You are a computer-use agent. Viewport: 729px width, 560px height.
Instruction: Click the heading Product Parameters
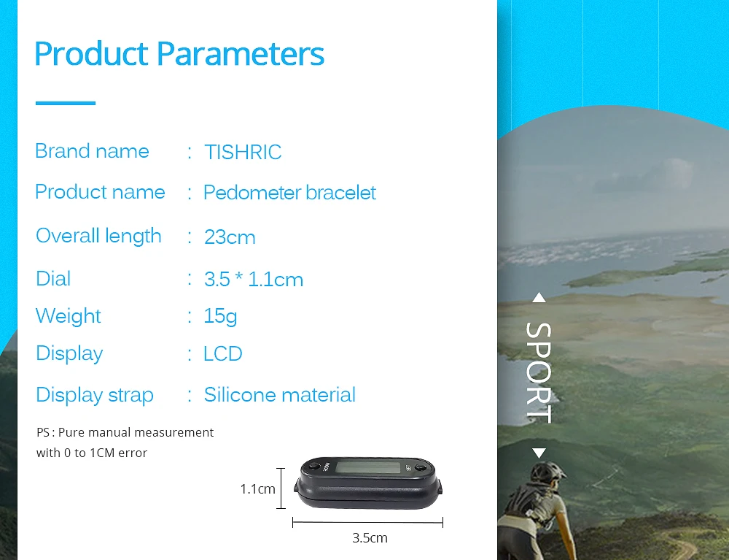click(x=179, y=54)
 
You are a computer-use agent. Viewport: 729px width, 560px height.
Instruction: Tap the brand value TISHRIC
click(x=243, y=152)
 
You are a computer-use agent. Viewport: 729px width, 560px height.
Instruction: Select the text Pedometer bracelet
click(x=289, y=193)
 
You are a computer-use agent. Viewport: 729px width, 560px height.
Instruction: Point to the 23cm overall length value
click(x=230, y=237)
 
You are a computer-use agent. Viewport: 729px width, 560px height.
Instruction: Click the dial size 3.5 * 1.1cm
click(x=254, y=280)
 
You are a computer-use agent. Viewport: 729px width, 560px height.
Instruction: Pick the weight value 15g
click(x=220, y=317)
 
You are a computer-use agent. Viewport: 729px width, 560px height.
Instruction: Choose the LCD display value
click(x=223, y=354)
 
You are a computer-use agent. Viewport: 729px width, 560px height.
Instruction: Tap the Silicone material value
click(x=279, y=395)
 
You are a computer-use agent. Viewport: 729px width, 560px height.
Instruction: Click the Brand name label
click(x=92, y=151)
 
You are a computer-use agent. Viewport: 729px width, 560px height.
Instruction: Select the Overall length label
click(x=98, y=236)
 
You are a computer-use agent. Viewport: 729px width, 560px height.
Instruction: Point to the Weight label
click(x=69, y=316)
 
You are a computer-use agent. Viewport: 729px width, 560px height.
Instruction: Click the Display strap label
click(x=94, y=395)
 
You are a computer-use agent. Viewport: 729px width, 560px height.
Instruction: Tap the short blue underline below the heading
click(x=66, y=103)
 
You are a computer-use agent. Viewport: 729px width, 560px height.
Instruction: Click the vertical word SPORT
click(x=539, y=373)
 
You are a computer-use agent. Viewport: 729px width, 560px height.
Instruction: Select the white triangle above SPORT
click(x=539, y=298)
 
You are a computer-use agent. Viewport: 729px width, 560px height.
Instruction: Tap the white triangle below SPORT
click(x=539, y=453)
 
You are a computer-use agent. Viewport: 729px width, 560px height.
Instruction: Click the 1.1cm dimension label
click(x=257, y=489)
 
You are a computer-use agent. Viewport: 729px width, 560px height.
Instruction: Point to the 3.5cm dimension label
click(x=370, y=538)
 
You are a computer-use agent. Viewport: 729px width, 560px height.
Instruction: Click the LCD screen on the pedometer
click(x=368, y=467)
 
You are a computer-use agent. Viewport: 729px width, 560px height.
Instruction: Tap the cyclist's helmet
click(x=549, y=472)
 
